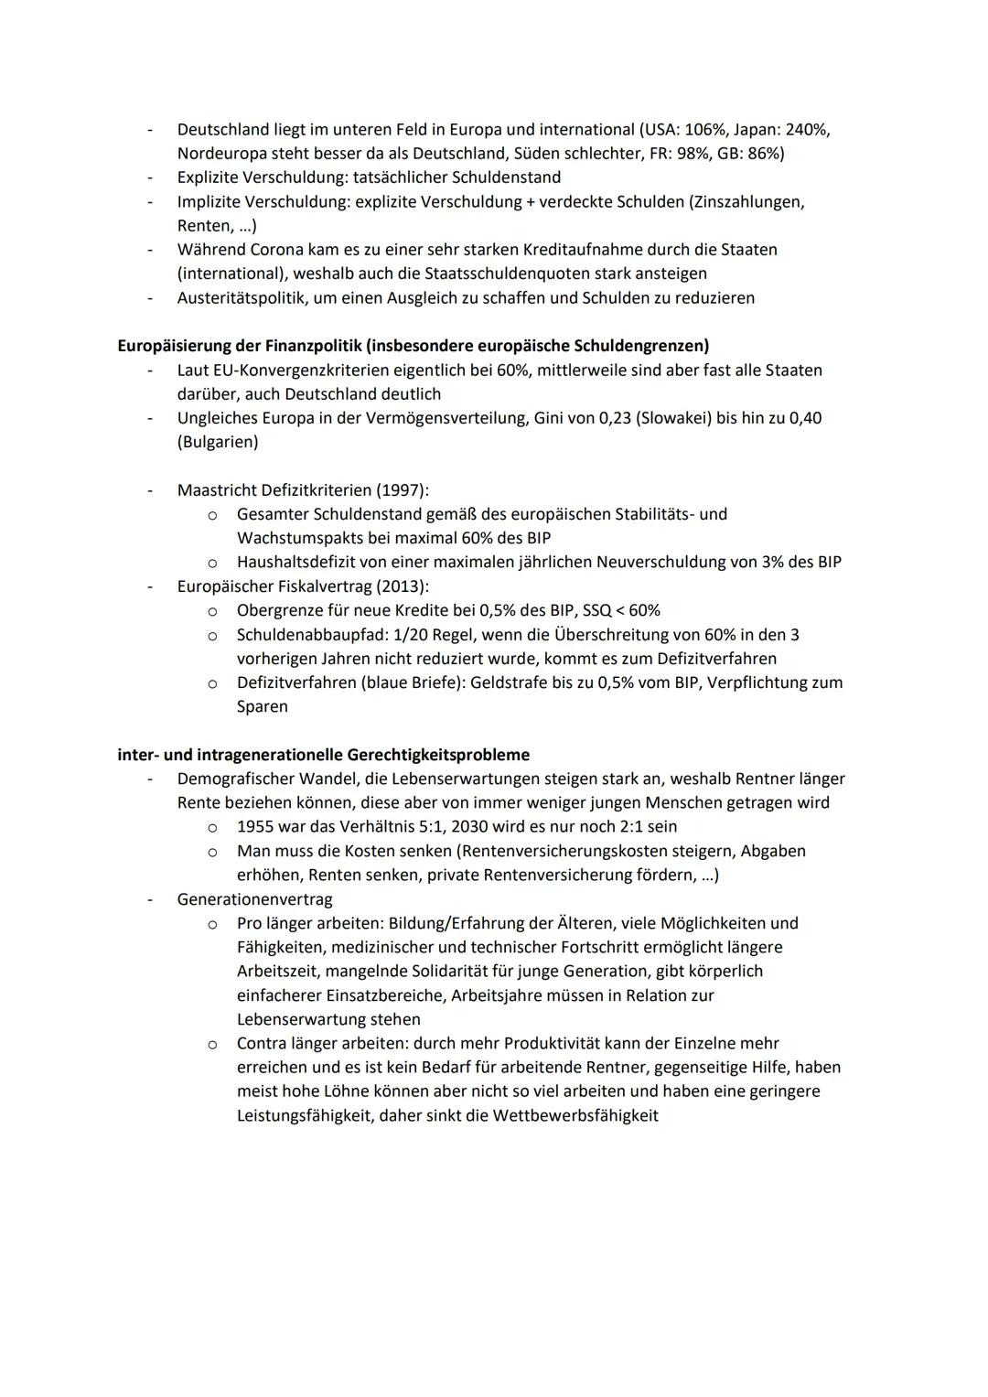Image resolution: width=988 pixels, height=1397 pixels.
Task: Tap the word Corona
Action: click(276, 250)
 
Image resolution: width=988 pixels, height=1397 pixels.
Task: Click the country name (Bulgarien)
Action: click(218, 442)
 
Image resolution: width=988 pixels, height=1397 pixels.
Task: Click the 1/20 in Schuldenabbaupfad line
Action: click(414, 635)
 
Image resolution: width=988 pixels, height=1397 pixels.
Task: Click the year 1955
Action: click(256, 827)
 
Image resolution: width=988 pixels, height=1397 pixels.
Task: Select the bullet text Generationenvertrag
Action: click(254, 899)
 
